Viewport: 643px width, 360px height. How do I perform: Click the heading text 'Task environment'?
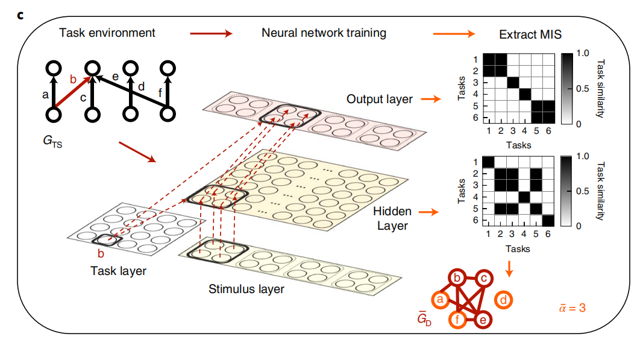coord(107,33)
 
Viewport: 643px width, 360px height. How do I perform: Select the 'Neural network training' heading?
coord(324,33)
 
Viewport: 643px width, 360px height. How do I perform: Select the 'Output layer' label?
coord(380,98)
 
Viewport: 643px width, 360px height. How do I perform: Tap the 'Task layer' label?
coord(118,271)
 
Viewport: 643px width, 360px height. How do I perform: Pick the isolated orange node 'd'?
coord(503,300)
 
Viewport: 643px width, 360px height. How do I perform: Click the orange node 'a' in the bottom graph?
coord(440,300)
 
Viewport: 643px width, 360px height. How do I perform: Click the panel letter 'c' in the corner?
coord(20,14)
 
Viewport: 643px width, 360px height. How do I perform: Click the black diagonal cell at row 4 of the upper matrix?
coord(524,94)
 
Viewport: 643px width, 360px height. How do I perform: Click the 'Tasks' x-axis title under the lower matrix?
coord(518,248)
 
